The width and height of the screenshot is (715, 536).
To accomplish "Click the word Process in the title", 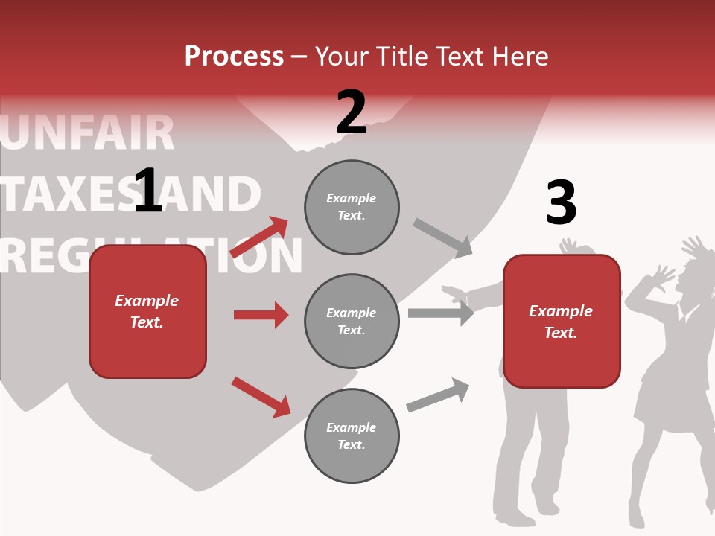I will [234, 57].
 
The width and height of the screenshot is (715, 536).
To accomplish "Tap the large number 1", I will [147, 191].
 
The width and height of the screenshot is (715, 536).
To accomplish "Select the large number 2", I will [352, 113].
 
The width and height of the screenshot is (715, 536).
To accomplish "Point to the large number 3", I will [561, 203].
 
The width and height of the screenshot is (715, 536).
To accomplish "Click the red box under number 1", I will [147, 311].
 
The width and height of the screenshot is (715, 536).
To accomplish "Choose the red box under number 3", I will [562, 322].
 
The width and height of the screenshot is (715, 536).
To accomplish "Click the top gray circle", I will [352, 207].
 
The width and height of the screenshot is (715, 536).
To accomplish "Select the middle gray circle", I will [352, 322].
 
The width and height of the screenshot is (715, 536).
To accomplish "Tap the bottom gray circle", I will [352, 436].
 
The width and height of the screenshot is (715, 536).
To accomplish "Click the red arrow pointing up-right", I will [260, 237].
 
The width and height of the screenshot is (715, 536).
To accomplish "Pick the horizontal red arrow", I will [261, 315].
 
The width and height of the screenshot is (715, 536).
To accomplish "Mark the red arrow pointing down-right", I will [261, 397].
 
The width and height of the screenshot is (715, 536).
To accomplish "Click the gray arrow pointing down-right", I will [443, 237].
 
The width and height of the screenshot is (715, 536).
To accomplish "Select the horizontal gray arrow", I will [441, 313].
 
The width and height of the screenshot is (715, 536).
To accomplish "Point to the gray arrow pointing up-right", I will [439, 395].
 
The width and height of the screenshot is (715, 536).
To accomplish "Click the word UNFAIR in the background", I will [88, 134].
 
